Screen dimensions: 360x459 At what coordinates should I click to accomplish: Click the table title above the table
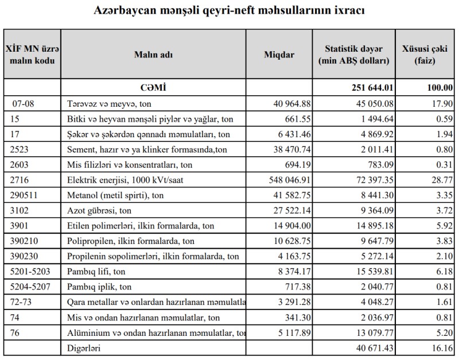coord(230,11)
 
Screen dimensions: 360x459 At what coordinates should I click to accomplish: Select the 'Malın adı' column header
coord(153,55)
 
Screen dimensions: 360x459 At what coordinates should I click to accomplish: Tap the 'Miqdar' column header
coord(279,55)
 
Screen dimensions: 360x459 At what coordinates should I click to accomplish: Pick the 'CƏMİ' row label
coord(153,88)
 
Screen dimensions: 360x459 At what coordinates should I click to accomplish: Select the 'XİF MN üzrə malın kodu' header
coord(32,55)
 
